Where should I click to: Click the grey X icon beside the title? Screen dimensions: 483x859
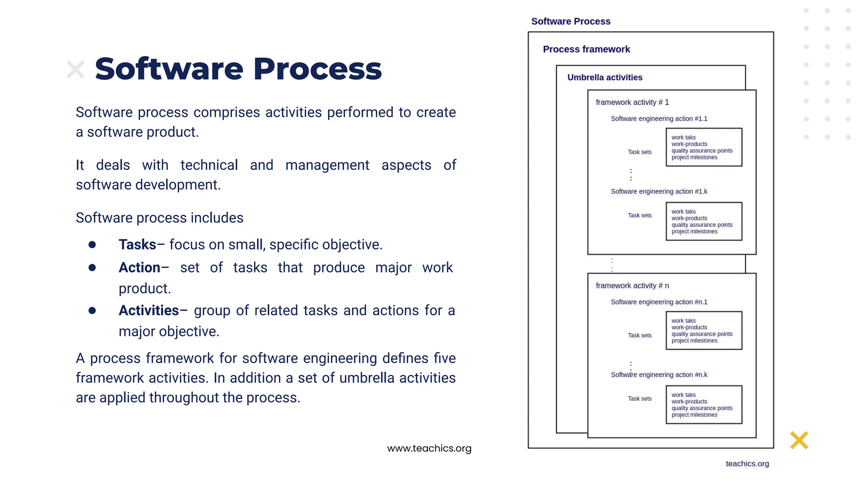pos(75,70)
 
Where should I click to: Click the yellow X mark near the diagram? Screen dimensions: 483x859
pos(799,440)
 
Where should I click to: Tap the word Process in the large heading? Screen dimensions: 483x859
pos(318,69)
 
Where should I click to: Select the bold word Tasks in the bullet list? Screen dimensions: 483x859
pos(137,244)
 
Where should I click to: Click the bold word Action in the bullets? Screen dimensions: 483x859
pos(139,267)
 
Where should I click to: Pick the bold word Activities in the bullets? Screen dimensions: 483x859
pos(148,310)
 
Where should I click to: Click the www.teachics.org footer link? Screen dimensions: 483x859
pos(429,448)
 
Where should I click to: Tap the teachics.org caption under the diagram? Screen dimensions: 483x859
pos(747,464)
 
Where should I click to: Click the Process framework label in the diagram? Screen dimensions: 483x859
pos(586,49)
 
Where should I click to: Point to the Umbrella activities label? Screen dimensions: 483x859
pos(604,78)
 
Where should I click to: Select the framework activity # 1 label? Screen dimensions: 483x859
pos(632,102)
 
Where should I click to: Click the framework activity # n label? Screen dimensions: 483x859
pos(632,286)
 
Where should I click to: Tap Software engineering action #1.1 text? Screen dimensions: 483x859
pos(659,119)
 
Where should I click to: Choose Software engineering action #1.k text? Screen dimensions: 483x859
pos(659,192)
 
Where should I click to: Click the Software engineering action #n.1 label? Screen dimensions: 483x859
pos(659,302)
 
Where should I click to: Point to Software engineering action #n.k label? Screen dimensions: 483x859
pos(659,375)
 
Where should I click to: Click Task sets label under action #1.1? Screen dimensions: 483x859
pos(639,152)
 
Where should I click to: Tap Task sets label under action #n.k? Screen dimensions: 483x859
pos(639,399)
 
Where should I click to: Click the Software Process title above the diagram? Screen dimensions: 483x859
pos(570,21)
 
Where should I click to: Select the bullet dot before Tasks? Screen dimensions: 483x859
pos(92,245)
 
